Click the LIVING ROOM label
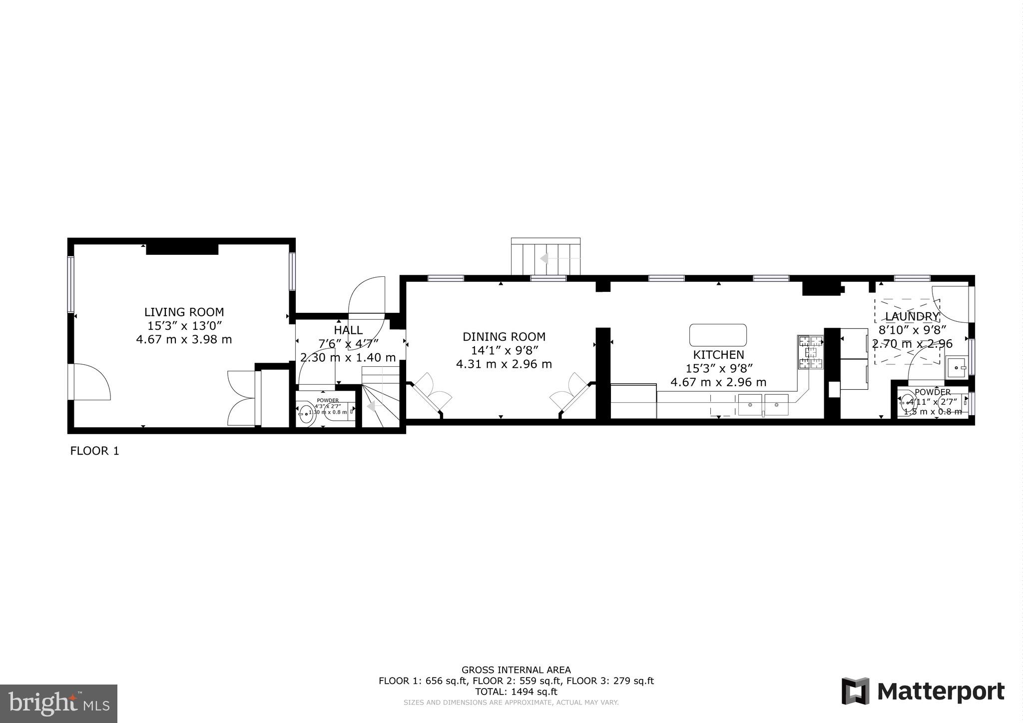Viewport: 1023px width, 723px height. click(x=184, y=312)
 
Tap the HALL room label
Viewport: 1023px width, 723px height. click(x=348, y=330)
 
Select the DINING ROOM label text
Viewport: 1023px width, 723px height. click(x=504, y=337)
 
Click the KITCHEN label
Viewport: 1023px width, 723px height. click(x=718, y=355)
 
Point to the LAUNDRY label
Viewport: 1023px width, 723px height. click(x=912, y=316)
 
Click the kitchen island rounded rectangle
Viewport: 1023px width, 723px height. click(x=718, y=335)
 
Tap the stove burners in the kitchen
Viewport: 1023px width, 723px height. click(x=810, y=353)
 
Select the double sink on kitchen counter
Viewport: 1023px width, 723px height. click(x=763, y=405)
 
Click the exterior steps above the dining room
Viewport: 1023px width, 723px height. click(x=545, y=257)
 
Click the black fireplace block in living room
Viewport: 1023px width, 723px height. click(x=182, y=248)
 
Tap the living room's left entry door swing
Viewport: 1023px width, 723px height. click(x=91, y=382)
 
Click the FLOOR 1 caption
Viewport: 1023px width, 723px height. click(x=94, y=451)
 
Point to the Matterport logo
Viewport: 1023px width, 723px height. click(x=923, y=692)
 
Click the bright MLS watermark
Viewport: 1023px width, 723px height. click(x=58, y=704)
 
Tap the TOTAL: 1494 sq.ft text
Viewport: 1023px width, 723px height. click(x=515, y=692)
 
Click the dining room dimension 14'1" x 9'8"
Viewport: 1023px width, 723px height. click(x=504, y=350)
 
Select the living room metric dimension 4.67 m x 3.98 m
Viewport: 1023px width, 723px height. click(x=184, y=340)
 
